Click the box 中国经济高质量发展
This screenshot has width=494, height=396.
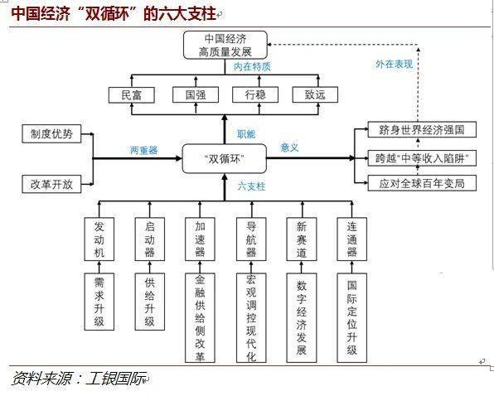(225, 45)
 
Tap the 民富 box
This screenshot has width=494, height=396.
(131, 94)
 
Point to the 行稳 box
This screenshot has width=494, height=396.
(254, 94)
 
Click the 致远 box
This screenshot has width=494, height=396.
(316, 94)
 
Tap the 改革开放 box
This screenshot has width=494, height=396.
(51, 184)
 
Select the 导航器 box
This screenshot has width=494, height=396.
(251, 239)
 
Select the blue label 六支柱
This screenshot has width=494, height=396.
(250, 186)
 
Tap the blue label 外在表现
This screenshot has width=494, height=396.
(393, 63)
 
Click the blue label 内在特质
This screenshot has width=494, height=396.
(252, 65)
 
